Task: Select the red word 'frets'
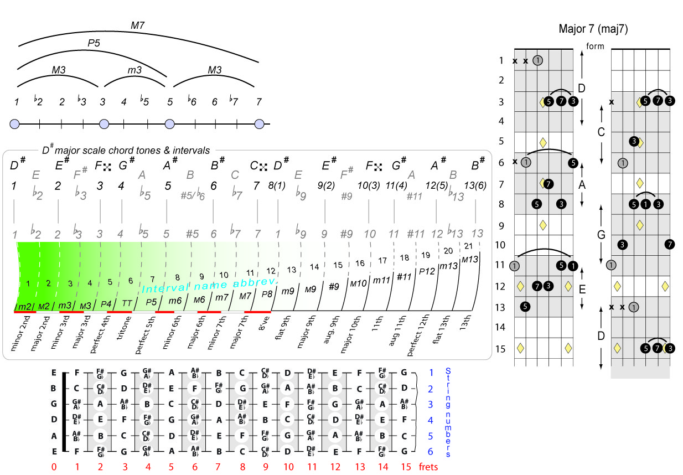click(x=428, y=467)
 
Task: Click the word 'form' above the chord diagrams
click(x=595, y=47)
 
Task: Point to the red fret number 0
click(x=54, y=467)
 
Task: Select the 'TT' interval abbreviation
click(x=127, y=303)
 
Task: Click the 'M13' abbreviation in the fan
click(x=469, y=259)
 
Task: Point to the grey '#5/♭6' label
click(x=193, y=195)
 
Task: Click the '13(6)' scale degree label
click(x=475, y=185)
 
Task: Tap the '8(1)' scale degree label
click(x=276, y=186)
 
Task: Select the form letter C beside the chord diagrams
click(x=601, y=132)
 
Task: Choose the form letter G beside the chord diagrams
click(x=601, y=235)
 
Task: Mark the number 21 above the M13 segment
click(x=468, y=246)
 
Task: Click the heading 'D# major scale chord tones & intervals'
click(x=126, y=149)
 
